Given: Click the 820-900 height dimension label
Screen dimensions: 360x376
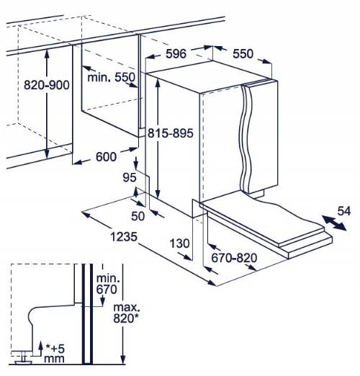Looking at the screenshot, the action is click(47, 85).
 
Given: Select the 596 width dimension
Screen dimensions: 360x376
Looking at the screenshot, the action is click(176, 53).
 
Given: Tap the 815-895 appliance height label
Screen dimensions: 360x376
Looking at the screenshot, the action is click(171, 133).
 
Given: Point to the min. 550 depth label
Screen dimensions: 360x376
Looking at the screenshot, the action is click(112, 77).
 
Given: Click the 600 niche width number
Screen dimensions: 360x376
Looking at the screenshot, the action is click(106, 157).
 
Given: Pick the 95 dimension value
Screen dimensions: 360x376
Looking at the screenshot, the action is click(130, 177).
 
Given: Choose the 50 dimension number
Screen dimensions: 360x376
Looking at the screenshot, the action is click(138, 216).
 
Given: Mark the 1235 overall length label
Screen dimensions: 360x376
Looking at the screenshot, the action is click(124, 236).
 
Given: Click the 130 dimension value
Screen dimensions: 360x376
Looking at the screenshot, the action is click(179, 243).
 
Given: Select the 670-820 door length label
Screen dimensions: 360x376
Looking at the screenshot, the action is click(234, 258).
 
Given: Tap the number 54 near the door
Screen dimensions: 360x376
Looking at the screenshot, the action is click(344, 211).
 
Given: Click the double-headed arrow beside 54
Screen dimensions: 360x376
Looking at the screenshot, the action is click(334, 223).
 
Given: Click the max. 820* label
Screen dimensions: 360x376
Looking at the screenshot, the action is click(126, 313).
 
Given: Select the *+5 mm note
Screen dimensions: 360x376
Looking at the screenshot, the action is click(55, 354).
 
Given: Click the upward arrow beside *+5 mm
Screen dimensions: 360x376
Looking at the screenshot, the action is click(40, 349).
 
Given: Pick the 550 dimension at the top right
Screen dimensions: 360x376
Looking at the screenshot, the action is click(243, 53).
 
